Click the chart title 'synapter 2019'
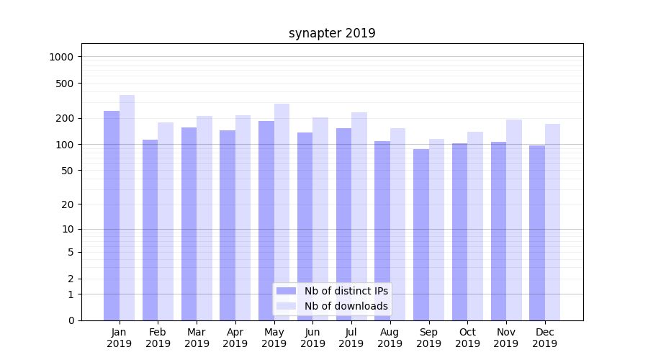[332, 33]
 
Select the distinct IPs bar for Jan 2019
[112, 216]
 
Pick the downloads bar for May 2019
[282, 212]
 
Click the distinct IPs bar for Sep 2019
[421, 235]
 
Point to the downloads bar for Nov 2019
[514, 220]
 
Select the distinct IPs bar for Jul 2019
[343, 224]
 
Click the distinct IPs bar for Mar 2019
[189, 224]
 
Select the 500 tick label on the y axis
[66, 84]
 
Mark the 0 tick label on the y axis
[72, 320]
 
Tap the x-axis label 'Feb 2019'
[158, 338]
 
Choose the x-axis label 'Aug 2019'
[390, 338]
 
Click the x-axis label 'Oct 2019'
[467, 338]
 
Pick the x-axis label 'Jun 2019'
[312, 338]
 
